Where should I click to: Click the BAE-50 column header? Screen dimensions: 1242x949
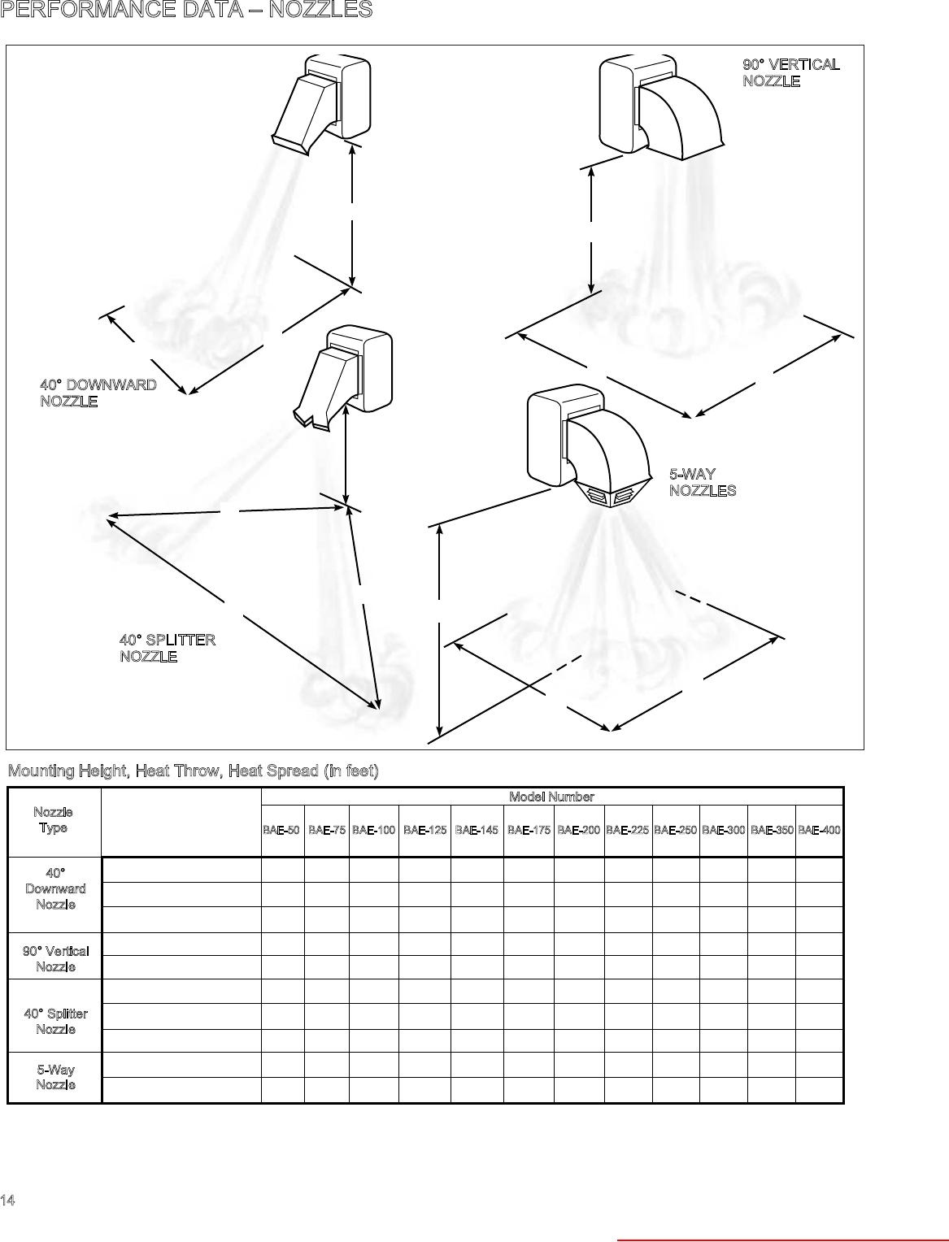tap(281, 830)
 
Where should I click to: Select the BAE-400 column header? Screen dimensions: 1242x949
tap(819, 830)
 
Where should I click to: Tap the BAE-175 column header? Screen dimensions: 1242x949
tap(529, 830)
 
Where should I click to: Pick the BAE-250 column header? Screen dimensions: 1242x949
tap(675, 830)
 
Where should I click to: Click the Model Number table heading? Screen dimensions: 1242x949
tap(551, 797)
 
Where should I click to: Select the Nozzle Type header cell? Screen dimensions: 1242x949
tap(54, 820)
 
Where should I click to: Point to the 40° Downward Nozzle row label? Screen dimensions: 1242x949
tap(55, 888)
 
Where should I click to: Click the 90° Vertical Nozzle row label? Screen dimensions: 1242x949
tap(55, 958)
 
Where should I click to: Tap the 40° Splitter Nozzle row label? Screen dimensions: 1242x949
tap(55, 1021)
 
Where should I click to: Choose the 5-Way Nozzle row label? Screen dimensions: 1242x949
tap(55, 1077)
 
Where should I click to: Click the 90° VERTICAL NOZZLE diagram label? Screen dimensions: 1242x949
tap(790, 72)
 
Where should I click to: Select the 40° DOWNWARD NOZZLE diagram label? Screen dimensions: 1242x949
tap(98, 393)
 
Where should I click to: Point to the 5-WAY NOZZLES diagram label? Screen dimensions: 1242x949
tap(703, 482)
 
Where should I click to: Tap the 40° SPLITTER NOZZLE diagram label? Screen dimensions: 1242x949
tap(167, 648)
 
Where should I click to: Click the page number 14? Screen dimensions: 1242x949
tap(7, 1201)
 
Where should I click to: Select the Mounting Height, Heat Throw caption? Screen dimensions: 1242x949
tap(193, 771)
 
